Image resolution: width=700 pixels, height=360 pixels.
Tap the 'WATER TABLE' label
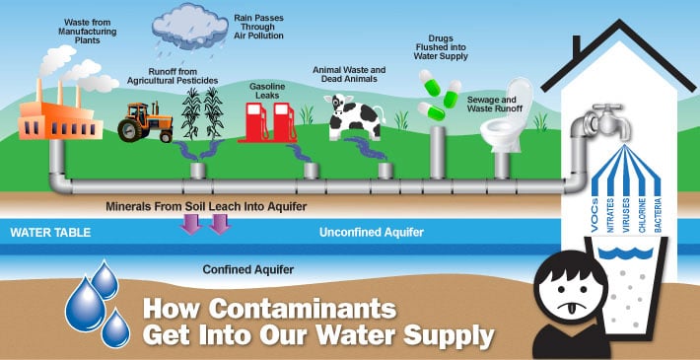[50, 234]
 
